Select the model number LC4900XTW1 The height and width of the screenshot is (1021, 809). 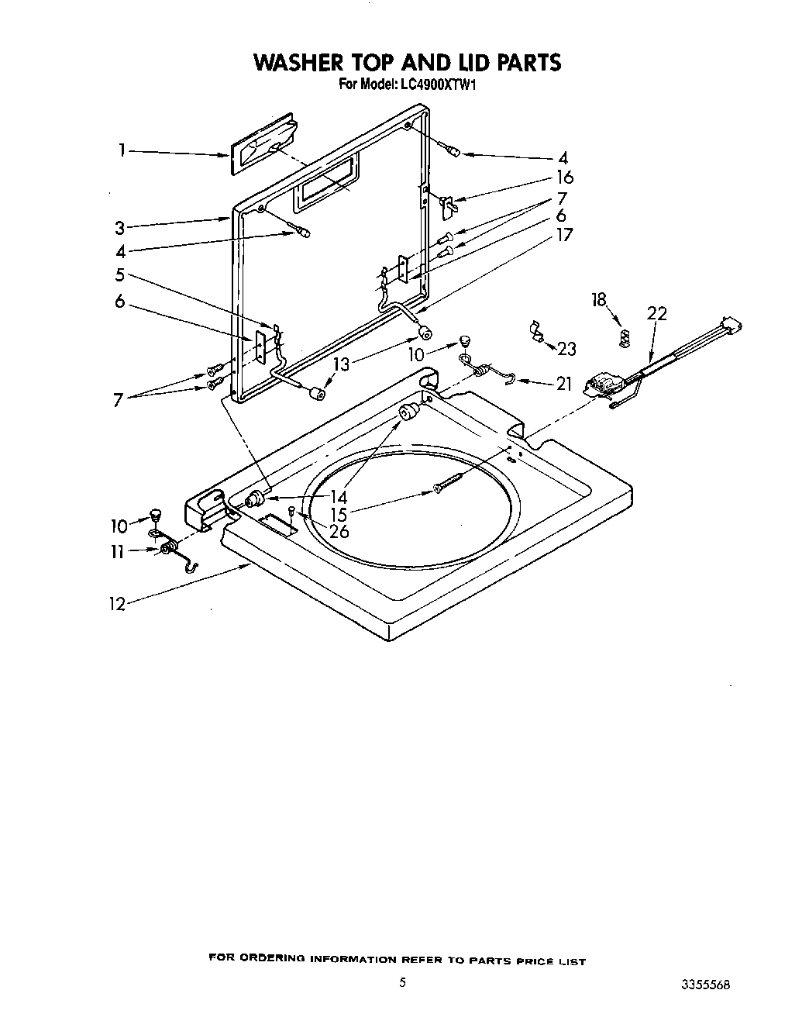(437, 84)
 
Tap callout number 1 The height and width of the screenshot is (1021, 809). (122, 150)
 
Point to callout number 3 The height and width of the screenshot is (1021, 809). (119, 228)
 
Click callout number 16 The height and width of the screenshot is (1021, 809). (564, 178)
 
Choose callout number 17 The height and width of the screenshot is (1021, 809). (564, 235)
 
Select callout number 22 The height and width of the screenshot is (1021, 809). (656, 314)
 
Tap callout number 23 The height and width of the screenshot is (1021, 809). (566, 349)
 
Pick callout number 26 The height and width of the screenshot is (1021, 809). (339, 532)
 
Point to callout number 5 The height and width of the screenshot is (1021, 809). (119, 274)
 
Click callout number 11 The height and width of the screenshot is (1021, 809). (118, 551)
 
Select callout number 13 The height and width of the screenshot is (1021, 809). (342, 364)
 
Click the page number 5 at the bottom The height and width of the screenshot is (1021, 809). (402, 982)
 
